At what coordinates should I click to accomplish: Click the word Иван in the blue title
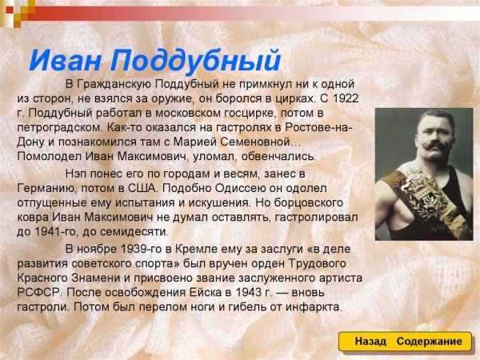66,60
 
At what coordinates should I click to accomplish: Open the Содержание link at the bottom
428,342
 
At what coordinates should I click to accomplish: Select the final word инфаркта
314,306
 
